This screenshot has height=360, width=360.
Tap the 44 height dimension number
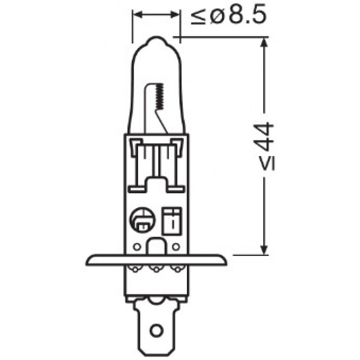coord(264,137)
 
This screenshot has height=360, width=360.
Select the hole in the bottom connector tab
coord(156,330)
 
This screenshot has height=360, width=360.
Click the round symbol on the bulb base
coord(143,219)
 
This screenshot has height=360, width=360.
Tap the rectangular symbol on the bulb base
coord(172,221)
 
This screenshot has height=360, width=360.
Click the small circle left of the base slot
coord(137,247)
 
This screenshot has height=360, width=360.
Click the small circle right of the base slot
coord(176,247)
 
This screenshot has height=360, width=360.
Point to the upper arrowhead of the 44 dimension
coord(264,43)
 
